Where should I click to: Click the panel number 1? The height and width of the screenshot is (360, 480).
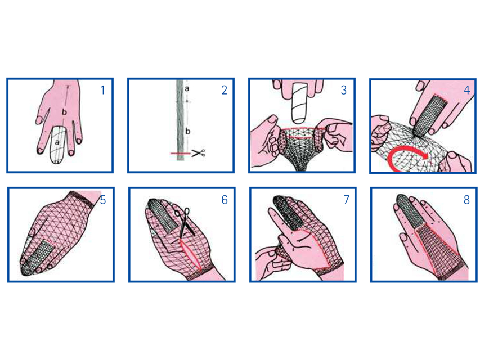pyautogui.click(x=103, y=90)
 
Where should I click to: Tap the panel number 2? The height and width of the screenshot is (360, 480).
pyautogui.click(x=225, y=91)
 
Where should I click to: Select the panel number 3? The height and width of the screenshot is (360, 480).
pyautogui.click(x=344, y=91)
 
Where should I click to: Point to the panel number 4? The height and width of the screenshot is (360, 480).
pyautogui.click(x=467, y=90)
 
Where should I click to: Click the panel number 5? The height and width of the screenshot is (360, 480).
pyautogui.click(x=103, y=200)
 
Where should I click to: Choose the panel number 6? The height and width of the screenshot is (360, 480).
pyautogui.click(x=225, y=200)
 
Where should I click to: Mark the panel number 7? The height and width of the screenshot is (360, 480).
pyautogui.click(x=346, y=200)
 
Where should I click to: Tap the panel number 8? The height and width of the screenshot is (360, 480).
pyautogui.click(x=466, y=200)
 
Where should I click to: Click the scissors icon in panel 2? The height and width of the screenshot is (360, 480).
pyautogui.click(x=199, y=153)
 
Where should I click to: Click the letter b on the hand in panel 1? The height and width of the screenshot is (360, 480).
pyautogui.click(x=64, y=112)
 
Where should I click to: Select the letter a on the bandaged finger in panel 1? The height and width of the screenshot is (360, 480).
pyautogui.click(x=57, y=142)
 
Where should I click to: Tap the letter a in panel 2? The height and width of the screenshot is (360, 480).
pyautogui.click(x=187, y=89)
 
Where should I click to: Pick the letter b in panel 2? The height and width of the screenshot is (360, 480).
pyautogui.click(x=187, y=131)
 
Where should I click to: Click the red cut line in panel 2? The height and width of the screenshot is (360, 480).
pyautogui.click(x=181, y=153)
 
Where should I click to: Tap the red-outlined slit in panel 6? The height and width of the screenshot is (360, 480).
pyautogui.click(x=190, y=255)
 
